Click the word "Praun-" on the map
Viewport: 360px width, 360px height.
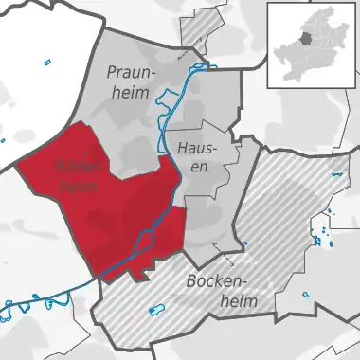point(131,73)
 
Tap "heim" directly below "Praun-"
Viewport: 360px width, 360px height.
point(129,93)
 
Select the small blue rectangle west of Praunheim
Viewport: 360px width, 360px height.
point(47,63)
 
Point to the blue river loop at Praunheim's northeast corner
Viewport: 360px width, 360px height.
point(196,68)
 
